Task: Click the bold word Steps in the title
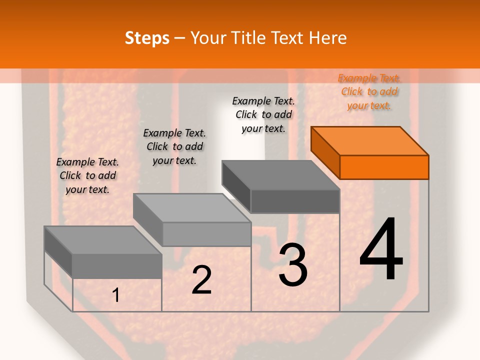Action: click(147, 38)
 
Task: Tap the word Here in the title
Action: click(328, 38)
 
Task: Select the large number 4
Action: click(381, 250)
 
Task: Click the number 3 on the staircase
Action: click(293, 265)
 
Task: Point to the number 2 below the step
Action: click(201, 280)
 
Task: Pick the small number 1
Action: click(116, 295)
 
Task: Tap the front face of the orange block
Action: click(384, 167)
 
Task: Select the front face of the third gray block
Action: click(295, 201)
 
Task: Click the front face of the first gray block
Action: click(117, 266)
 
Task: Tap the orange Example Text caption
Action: click(369, 92)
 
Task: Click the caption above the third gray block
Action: click(263, 115)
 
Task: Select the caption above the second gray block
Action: click(174, 146)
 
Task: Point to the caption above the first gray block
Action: click(87, 175)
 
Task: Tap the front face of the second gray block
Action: click(206, 234)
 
